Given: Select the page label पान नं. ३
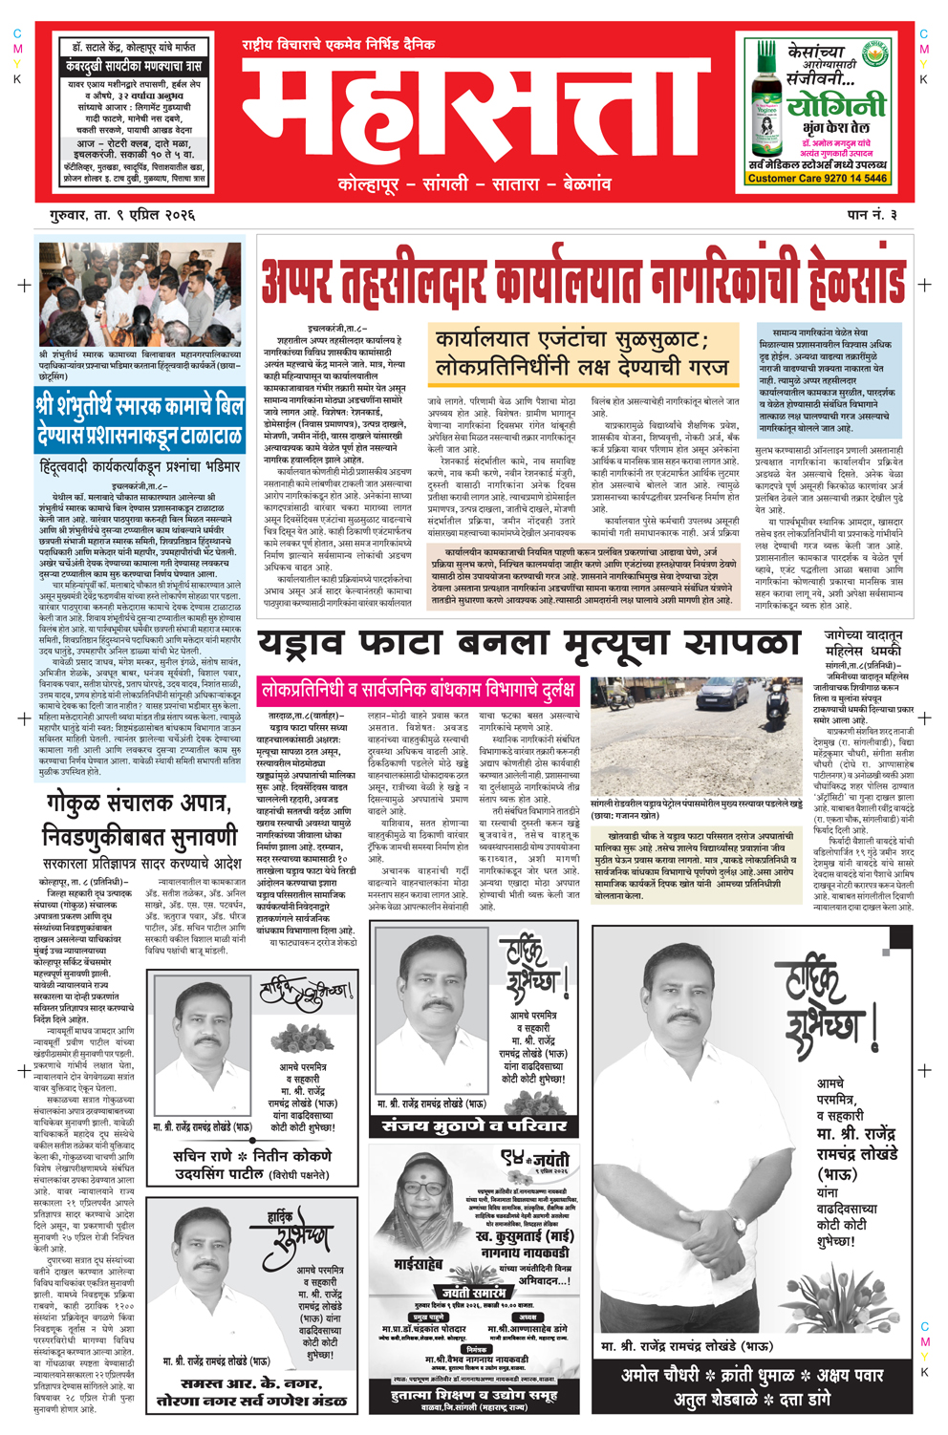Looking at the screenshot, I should tap(872, 215).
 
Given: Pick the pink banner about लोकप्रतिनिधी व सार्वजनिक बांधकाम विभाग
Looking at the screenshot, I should tap(420, 690).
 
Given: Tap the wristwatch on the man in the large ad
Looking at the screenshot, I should tap(741, 1223).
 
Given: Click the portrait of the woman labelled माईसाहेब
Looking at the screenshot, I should tap(416, 1210).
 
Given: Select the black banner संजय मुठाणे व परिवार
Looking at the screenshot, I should tap(475, 1125).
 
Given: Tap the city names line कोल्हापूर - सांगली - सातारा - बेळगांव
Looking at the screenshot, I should tap(475, 183).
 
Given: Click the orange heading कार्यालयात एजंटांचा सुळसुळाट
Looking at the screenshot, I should tap(583, 353).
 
